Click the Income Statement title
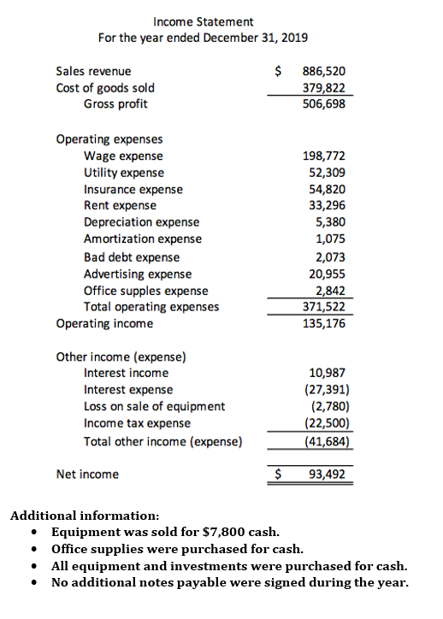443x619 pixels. [x=203, y=21]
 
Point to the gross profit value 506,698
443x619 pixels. [x=325, y=104]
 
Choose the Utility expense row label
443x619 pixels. [x=123, y=173]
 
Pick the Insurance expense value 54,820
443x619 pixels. [x=328, y=189]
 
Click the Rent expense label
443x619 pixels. [x=120, y=205]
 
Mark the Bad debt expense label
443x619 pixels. [x=132, y=257]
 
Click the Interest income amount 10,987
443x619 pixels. [x=328, y=373]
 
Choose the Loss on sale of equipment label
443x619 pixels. [x=154, y=406]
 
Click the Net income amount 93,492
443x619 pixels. [x=328, y=474]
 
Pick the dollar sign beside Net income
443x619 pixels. [x=276, y=474]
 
